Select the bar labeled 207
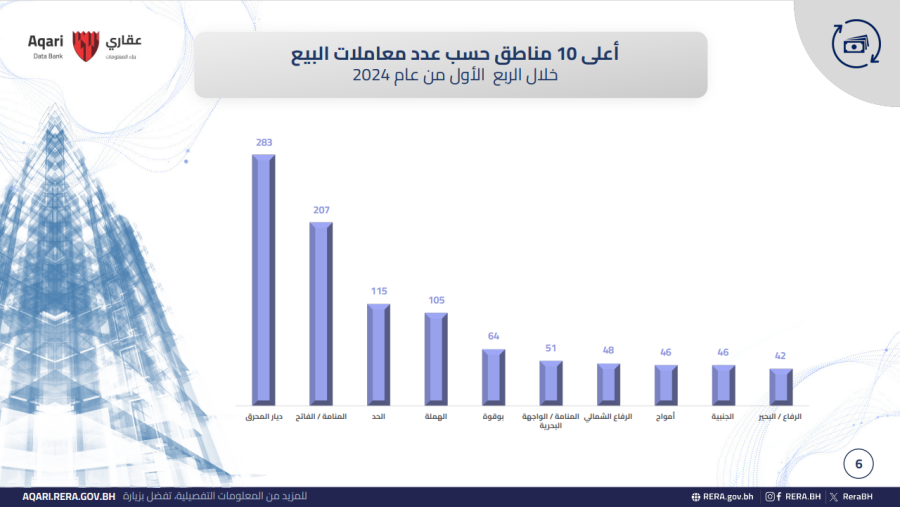321,312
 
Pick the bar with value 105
436,357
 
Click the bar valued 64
493,376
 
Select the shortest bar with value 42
781,386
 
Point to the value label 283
264,143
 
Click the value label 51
550,349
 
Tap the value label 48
607,351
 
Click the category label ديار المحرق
263,416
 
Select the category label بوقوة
493,416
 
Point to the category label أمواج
665,416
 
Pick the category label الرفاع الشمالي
607,416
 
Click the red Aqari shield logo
86,45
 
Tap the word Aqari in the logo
45,41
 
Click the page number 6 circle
858,464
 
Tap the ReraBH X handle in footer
860,496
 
